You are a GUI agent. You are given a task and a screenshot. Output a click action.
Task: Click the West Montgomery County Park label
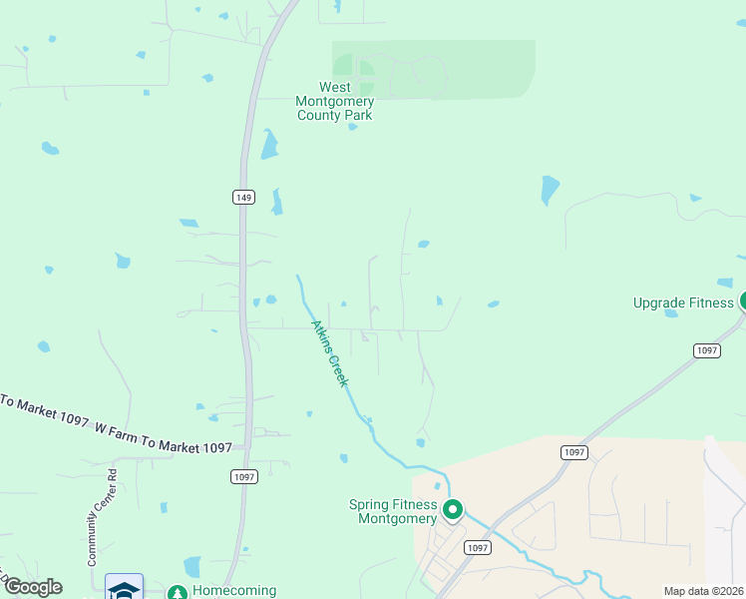pyautogui.click(x=334, y=102)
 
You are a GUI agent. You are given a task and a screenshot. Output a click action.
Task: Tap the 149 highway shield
pyautogui.click(x=243, y=197)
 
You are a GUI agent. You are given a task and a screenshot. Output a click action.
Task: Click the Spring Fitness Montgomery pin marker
pyautogui.click(x=453, y=511)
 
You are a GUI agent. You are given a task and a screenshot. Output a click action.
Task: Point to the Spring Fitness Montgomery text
pyautogui.click(x=393, y=511)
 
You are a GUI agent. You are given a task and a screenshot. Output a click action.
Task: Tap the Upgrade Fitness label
pyautogui.click(x=683, y=302)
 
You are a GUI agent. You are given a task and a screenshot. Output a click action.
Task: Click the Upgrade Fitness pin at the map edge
pyautogui.click(x=742, y=300)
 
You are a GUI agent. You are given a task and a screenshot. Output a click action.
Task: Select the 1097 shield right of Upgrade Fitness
pyautogui.click(x=707, y=350)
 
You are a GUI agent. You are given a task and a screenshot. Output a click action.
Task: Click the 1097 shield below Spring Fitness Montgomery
pyautogui.click(x=478, y=547)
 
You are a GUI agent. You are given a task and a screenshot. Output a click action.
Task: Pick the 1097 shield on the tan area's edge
pyautogui.click(x=573, y=452)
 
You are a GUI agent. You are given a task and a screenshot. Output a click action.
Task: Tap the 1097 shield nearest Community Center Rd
pyautogui.click(x=246, y=476)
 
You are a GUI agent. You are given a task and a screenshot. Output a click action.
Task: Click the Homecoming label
pyautogui.click(x=233, y=591)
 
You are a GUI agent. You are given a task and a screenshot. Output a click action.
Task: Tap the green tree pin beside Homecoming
pyautogui.click(x=177, y=593)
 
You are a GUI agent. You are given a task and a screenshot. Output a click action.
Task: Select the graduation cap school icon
pyautogui.click(x=124, y=589)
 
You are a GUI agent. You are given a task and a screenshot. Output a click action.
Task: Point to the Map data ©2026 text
pyautogui.click(x=704, y=591)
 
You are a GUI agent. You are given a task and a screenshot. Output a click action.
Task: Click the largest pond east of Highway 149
pyautogui.click(x=550, y=190)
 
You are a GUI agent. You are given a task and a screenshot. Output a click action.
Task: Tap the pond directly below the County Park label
pyautogui.click(x=267, y=146)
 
